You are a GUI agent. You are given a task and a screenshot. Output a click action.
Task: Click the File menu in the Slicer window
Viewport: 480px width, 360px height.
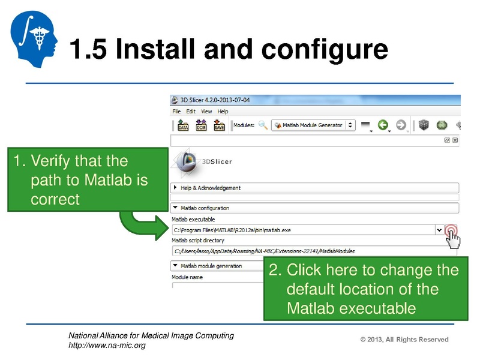(x=176, y=112)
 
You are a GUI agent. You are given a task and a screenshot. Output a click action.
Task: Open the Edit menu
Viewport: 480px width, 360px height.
(x=191, y=112)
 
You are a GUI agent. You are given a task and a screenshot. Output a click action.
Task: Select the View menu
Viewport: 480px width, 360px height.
(x=206, y=112)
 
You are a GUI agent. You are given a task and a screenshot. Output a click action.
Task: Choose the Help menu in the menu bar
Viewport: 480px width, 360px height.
(x=223, y=112)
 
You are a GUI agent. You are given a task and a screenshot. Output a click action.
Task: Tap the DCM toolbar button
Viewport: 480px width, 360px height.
(x=202, y=125)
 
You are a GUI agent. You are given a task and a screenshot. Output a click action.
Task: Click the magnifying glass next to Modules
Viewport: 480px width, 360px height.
(x=263, y=125)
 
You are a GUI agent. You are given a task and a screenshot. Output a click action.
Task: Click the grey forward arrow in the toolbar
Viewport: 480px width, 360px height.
(x=401, y=125)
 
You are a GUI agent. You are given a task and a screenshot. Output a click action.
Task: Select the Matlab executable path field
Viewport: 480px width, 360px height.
(x=303, y=230)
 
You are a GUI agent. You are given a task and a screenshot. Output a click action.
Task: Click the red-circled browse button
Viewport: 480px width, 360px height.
(x=451, y=230)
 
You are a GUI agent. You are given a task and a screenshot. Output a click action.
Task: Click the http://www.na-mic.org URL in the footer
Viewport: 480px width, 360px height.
(x=107, y=345)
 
